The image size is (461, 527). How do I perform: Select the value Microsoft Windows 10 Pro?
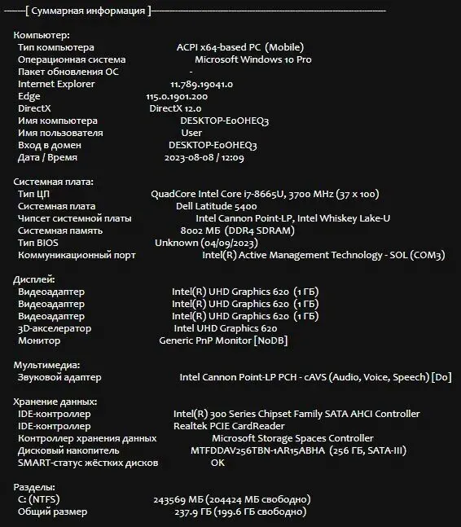pyautogui.click(x=252, y=59)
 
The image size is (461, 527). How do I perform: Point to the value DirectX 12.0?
pyautogui.click(x=175, y=108)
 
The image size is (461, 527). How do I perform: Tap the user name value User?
pyautogui.click(x=191, y=133)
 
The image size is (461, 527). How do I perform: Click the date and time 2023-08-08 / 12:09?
pyautogui.click(x=204, y=157)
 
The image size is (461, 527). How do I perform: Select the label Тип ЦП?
pyautogui.click(x=33, y=194)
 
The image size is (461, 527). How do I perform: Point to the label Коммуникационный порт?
pyautogui.click(x=77, y=255)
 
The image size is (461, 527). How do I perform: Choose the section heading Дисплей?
pyautogui.click(x=35, y=279)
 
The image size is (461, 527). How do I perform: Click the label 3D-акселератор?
pyautogui.click(x=55, y=328)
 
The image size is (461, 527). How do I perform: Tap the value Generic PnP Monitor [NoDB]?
pyautogui.click(x=222, y=340)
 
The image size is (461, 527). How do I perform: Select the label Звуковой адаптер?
pyautogui.click(x=59, y=377)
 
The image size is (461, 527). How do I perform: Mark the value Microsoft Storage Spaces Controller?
pyautogui.click(x=281, y=438)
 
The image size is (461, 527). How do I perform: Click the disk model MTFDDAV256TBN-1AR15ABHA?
pyautogui.click(x=257, y=450)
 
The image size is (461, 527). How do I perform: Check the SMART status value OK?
pyautogui.click(x=217, y=463)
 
